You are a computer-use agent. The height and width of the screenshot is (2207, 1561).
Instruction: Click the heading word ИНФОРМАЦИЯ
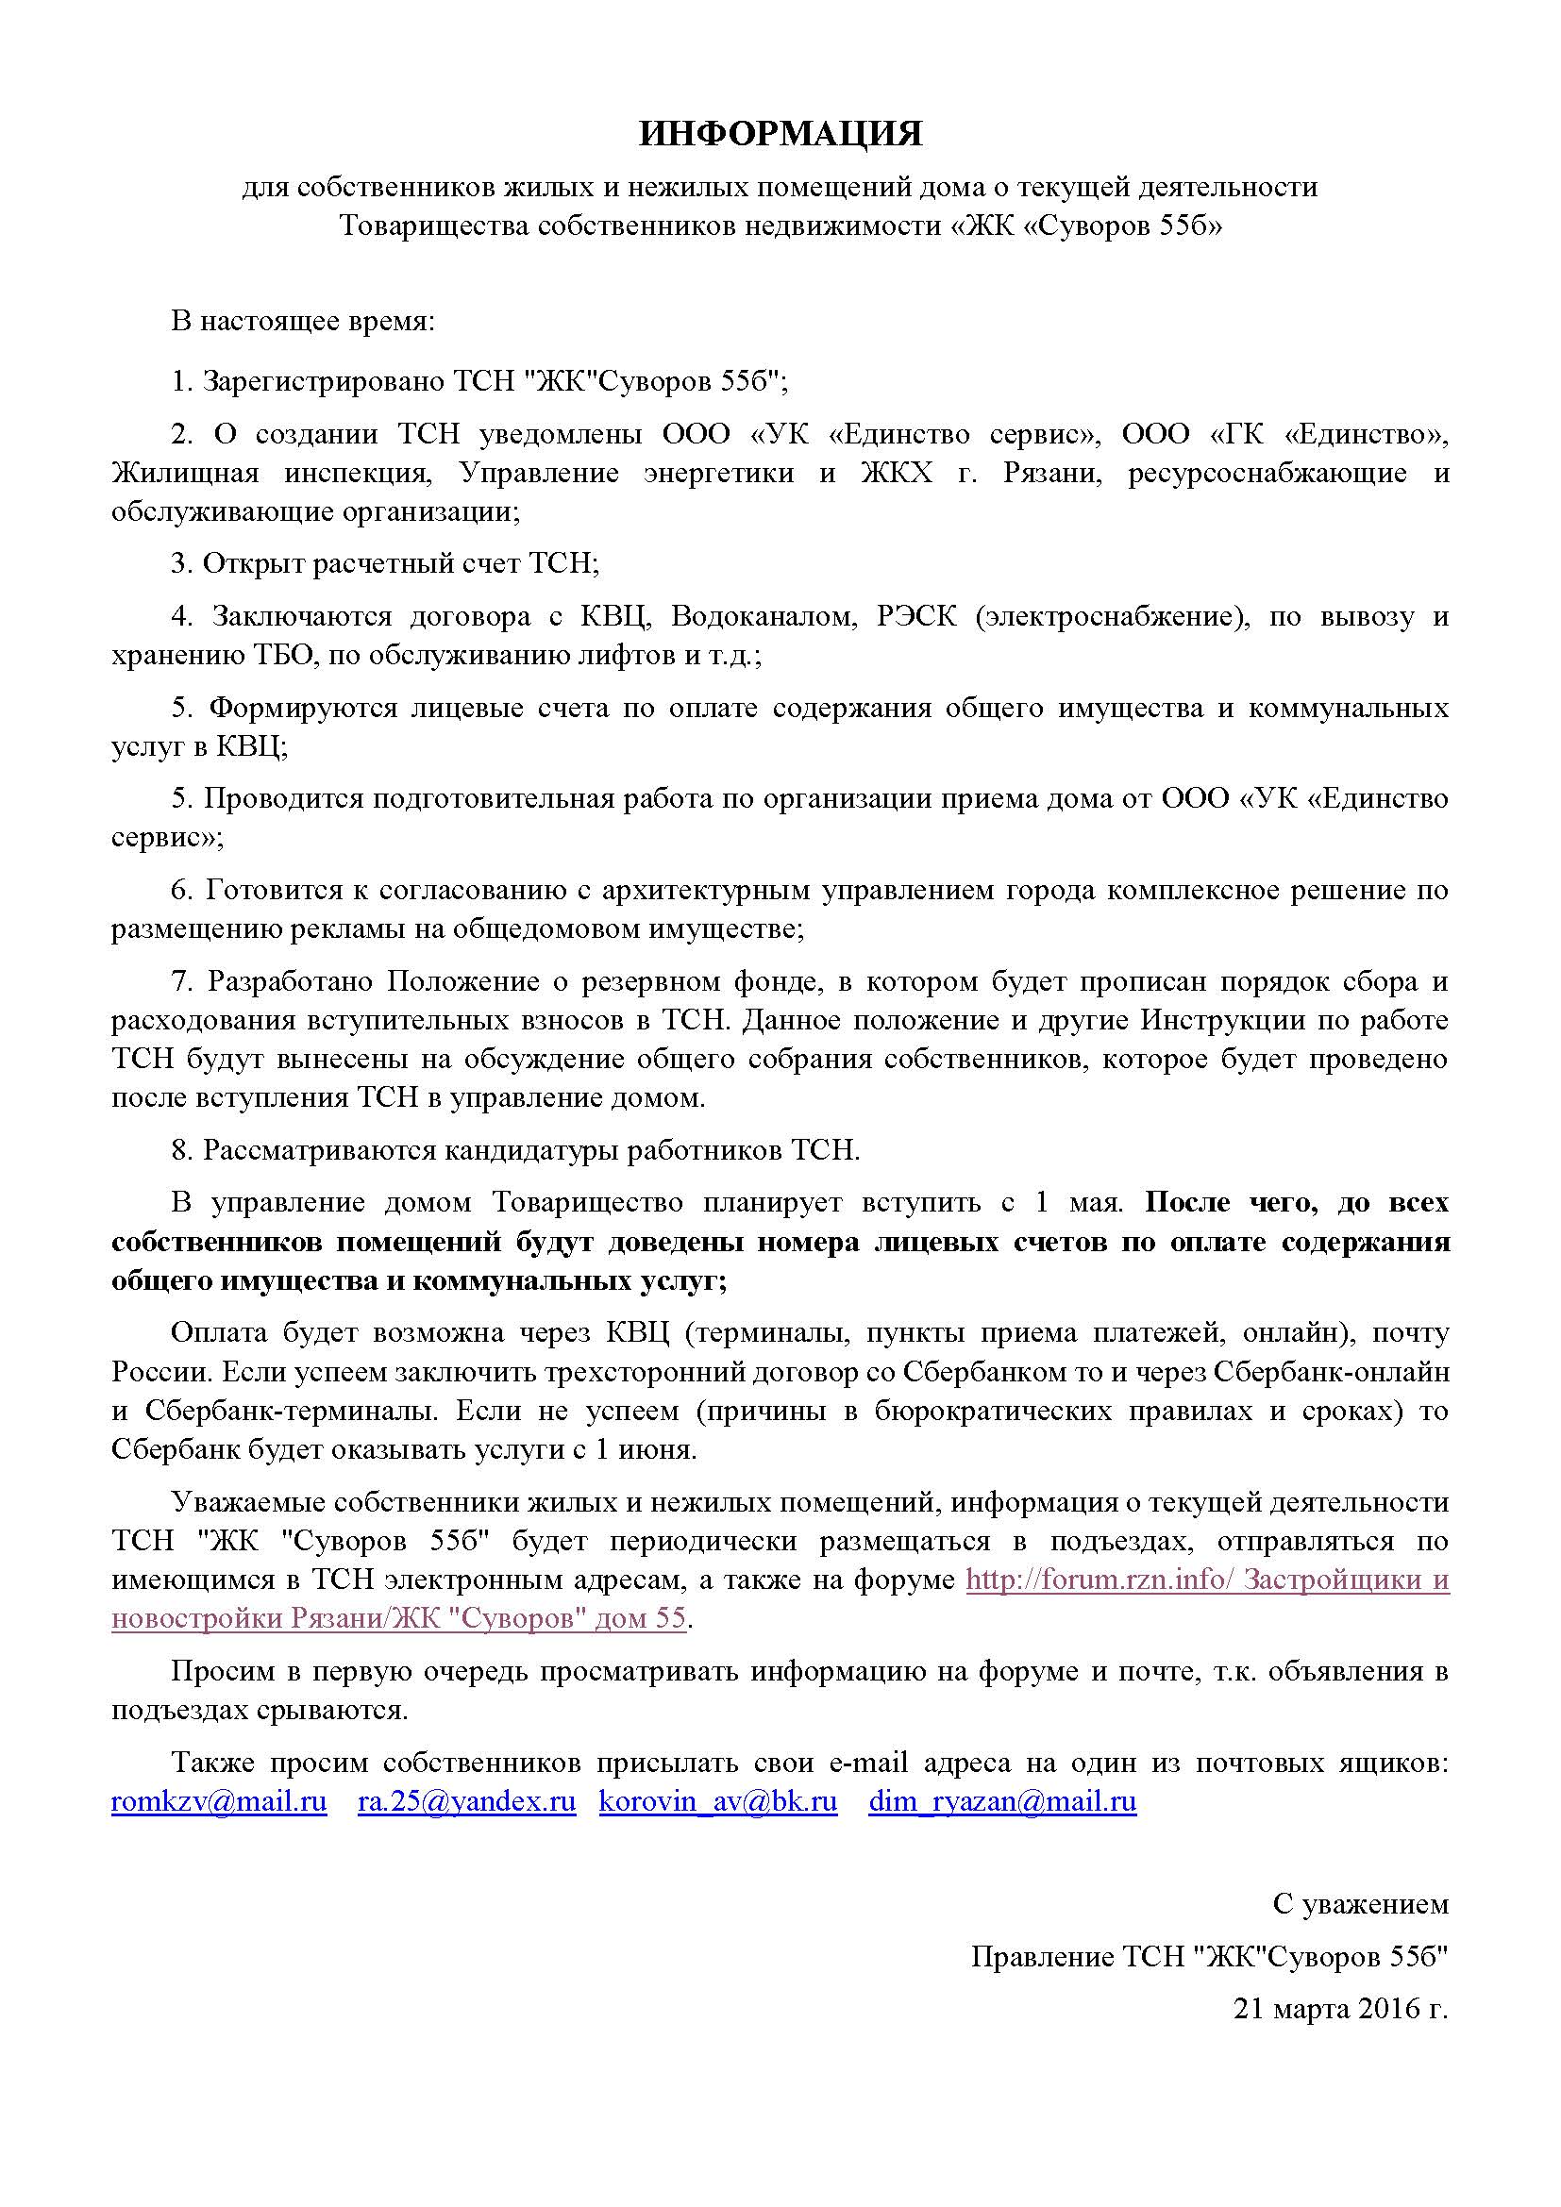pos(780,135)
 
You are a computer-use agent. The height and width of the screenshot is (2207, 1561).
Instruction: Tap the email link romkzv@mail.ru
pos(219,1801)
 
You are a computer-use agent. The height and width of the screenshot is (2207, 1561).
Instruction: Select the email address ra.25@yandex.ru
pos(466,1801)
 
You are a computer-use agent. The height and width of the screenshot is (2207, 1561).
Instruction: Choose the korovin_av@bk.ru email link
pos(718,1801)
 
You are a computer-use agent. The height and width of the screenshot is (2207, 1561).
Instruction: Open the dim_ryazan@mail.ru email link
pos(1002,1801)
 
